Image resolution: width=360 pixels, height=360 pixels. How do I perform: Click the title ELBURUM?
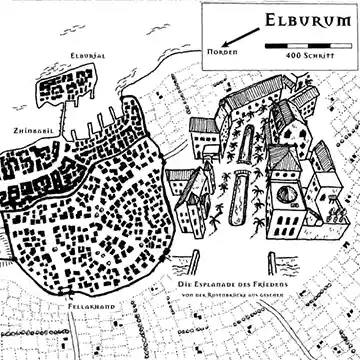pos(299,18)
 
